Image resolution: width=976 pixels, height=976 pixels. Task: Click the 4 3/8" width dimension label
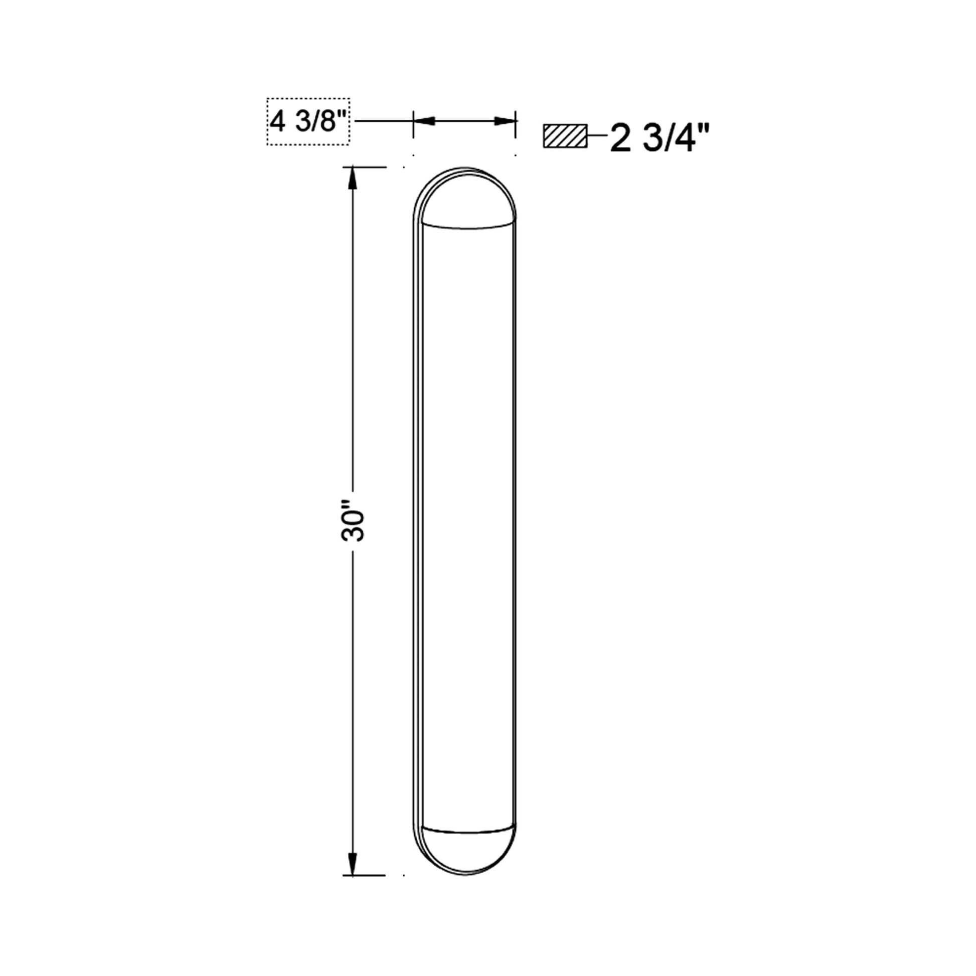(x=307, y=122)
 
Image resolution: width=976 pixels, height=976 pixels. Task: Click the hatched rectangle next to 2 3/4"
(x=565, y=136)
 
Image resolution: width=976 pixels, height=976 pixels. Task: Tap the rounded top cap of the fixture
(x=465, y=195)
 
